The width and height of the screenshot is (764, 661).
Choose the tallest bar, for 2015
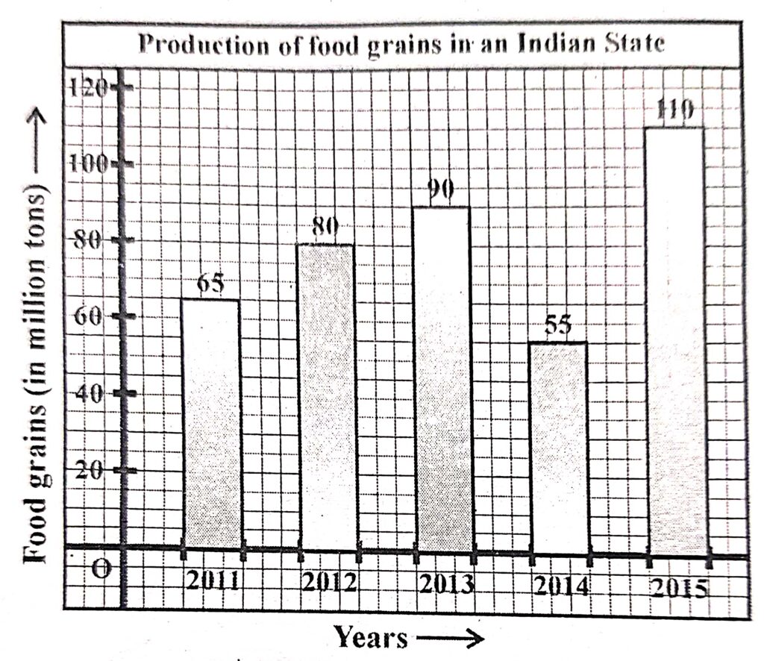pyautogui.click(x=675, y=339)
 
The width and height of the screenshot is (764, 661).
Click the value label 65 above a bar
pyautogui.click(x=211, y=285)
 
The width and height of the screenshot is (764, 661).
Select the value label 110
pyautogui.click(x=676, y=110)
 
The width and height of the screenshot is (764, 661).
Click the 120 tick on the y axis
pyautogui.click(x=90, y=87)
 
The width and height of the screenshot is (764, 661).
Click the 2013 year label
pyautogui.click(x=445, y=583)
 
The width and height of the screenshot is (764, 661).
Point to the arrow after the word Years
pyautogui.click(x=451, y=638)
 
